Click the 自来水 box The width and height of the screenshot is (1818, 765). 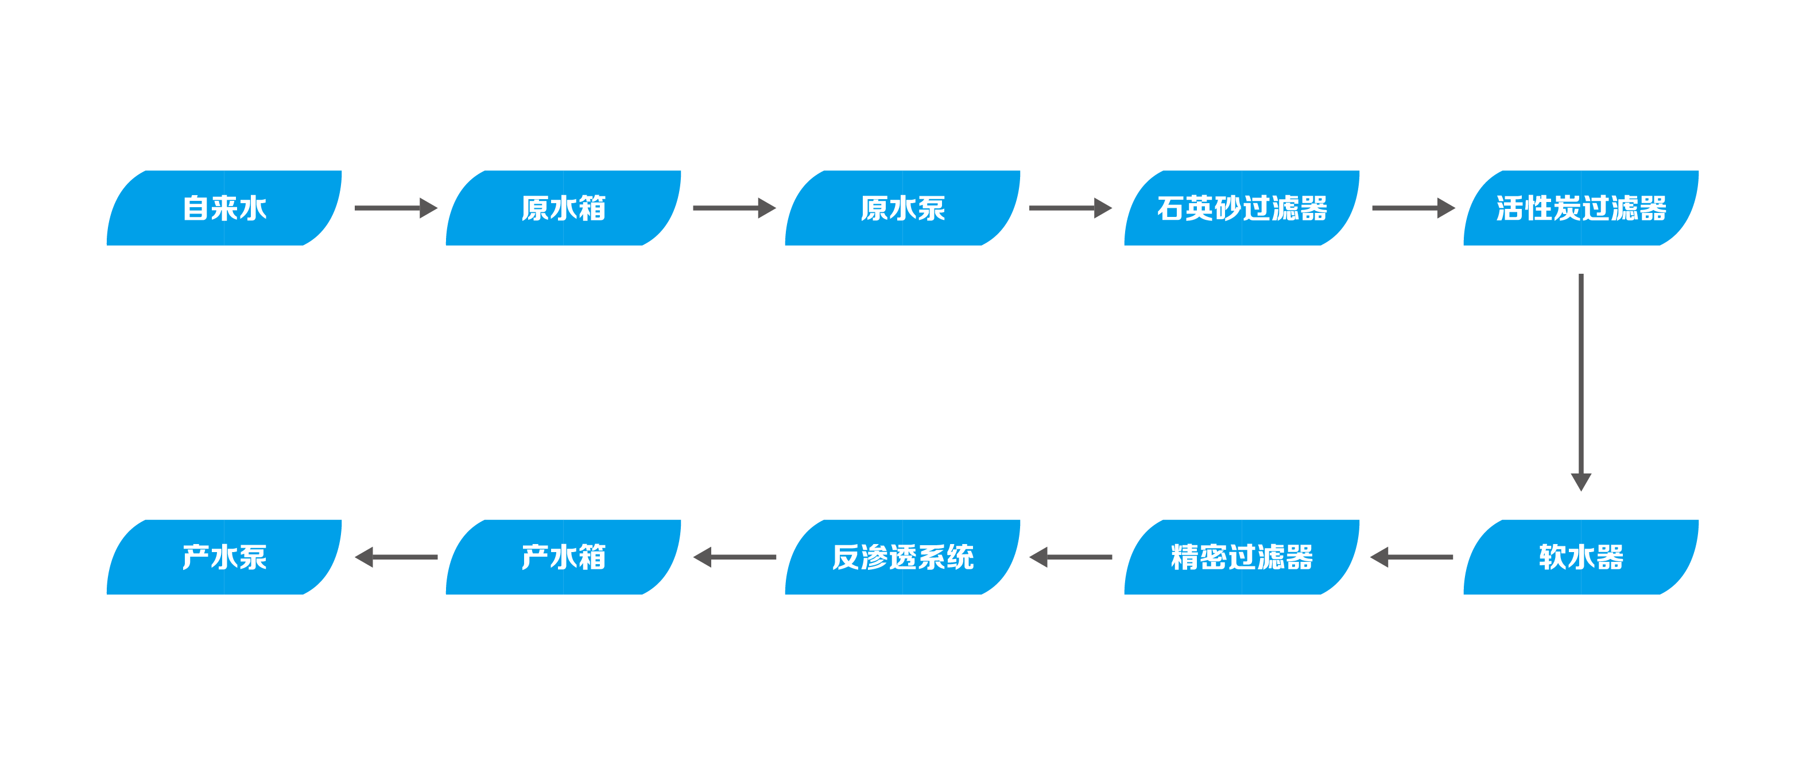pos(224,208)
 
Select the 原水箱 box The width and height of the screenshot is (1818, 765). pos(563,208)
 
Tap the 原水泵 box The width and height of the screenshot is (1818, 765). pos(902,208)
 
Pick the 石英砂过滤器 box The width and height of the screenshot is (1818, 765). pos(1242,208)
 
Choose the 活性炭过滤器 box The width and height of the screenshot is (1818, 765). pos(1581,208)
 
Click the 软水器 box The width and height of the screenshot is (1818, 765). pos(1581,557)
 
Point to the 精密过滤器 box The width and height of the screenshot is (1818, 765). pos(1242,557)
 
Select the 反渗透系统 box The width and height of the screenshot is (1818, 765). pos(902,557)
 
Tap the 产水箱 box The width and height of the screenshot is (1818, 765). pos(563,557)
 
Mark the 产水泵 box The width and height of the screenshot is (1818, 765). pos(224,557)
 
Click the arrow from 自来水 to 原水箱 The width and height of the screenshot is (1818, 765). pos(395,208)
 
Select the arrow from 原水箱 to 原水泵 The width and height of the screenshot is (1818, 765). pos(734,208)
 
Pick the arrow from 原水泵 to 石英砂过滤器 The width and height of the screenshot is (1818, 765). pos(1071,208)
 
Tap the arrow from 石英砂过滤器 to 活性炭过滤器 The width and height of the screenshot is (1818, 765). pos(1413,208)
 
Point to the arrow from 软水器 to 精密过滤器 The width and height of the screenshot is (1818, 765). pos(1412,557)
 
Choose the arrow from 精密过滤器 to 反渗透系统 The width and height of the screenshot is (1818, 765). pos(1071,557)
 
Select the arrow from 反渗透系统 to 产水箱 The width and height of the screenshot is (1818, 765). pos(734,557)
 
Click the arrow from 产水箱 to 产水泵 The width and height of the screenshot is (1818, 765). pos(395,557)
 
